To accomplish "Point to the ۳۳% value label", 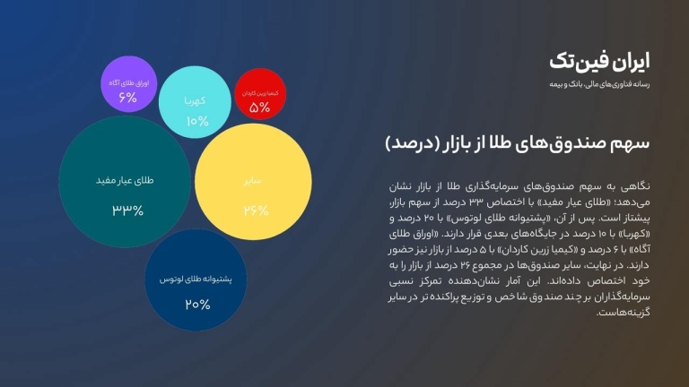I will coord(127,211).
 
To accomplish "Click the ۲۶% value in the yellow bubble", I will coord(256,211).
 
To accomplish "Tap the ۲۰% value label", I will coord(197,305).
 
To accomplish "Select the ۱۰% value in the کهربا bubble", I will coord(197,121).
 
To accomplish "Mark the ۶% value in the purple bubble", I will coord(128,98).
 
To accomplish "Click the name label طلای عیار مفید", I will coord(125,180).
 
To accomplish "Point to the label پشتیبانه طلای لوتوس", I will coord(196,279).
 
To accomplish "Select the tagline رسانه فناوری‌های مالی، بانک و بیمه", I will coord(598,84).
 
